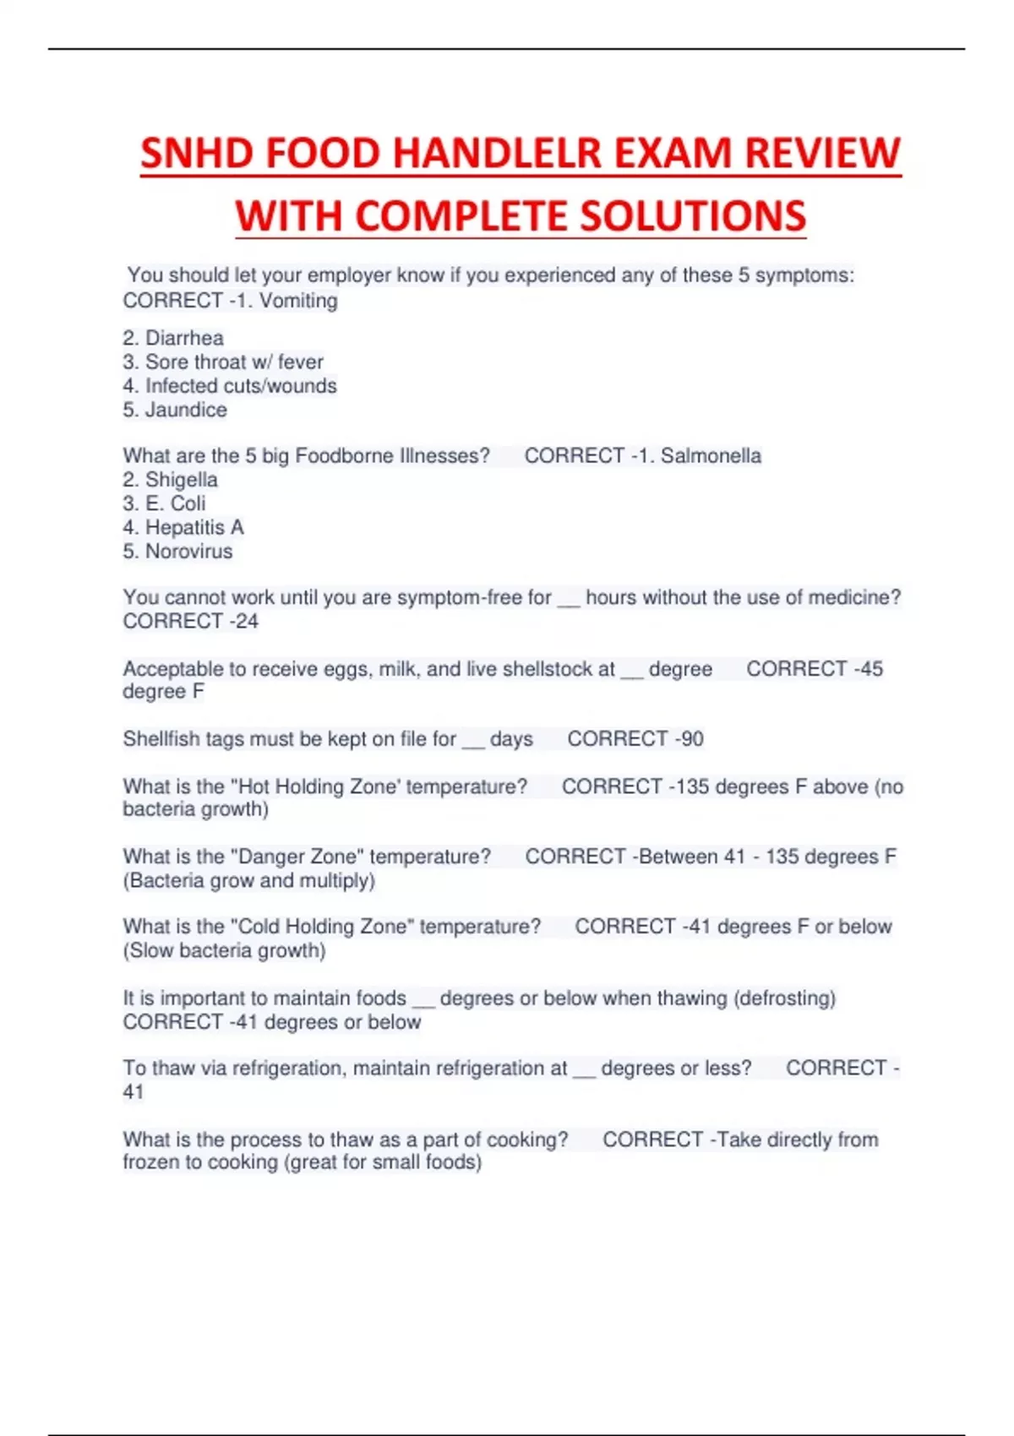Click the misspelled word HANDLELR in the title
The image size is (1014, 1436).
pos(496,154)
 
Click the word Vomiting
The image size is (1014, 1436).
pos(298,301)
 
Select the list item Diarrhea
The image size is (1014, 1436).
pos(184,338)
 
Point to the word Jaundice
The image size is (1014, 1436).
pos(186,410)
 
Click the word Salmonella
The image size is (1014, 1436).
pos(711,456)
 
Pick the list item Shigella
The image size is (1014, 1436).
pos(181,480)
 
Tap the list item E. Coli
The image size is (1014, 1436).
pos(175,503)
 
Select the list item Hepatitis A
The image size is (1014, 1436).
pos(194,528)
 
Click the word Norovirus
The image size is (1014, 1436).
pos(188,552)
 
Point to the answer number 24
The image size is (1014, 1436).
pos(247,622)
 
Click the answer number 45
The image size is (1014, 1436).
pos(871,669)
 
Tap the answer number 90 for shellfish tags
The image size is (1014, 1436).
pos(692,739)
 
